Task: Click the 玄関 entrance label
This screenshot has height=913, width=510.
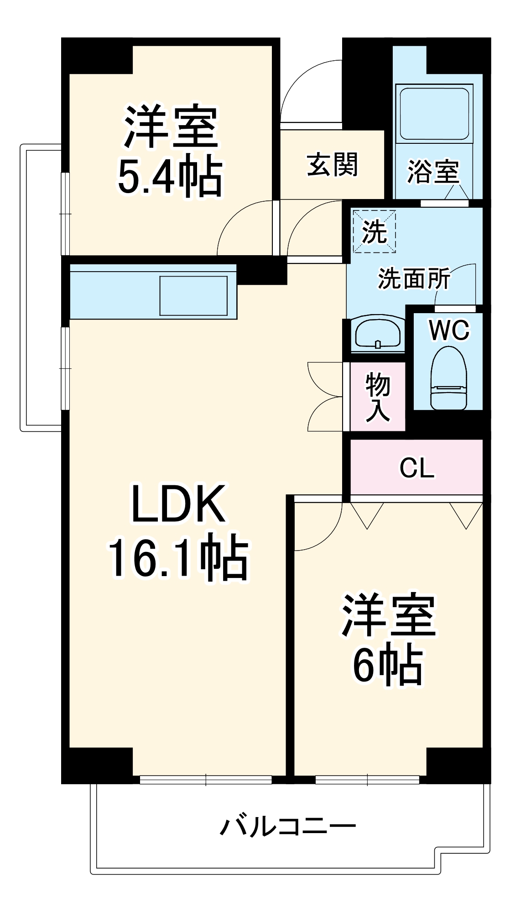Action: (332, 165)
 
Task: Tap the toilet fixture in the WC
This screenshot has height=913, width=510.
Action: (449, 378)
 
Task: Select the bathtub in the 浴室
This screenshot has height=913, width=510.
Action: (434, 113)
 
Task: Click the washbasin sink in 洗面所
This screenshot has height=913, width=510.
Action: (378, 333)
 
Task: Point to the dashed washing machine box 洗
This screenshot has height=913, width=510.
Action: (375, 231)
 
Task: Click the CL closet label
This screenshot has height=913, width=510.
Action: (416, 467)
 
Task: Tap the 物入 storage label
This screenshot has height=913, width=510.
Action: (378, 396)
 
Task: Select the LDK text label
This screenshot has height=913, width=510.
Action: (178, 504)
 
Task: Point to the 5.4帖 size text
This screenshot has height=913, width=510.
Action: (170, 177)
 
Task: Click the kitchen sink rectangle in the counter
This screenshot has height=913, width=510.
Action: (193, 296)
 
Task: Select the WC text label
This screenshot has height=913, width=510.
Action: (449, 330)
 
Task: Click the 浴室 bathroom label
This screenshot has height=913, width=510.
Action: (432, 172)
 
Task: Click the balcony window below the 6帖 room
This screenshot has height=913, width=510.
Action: (367, 780)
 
